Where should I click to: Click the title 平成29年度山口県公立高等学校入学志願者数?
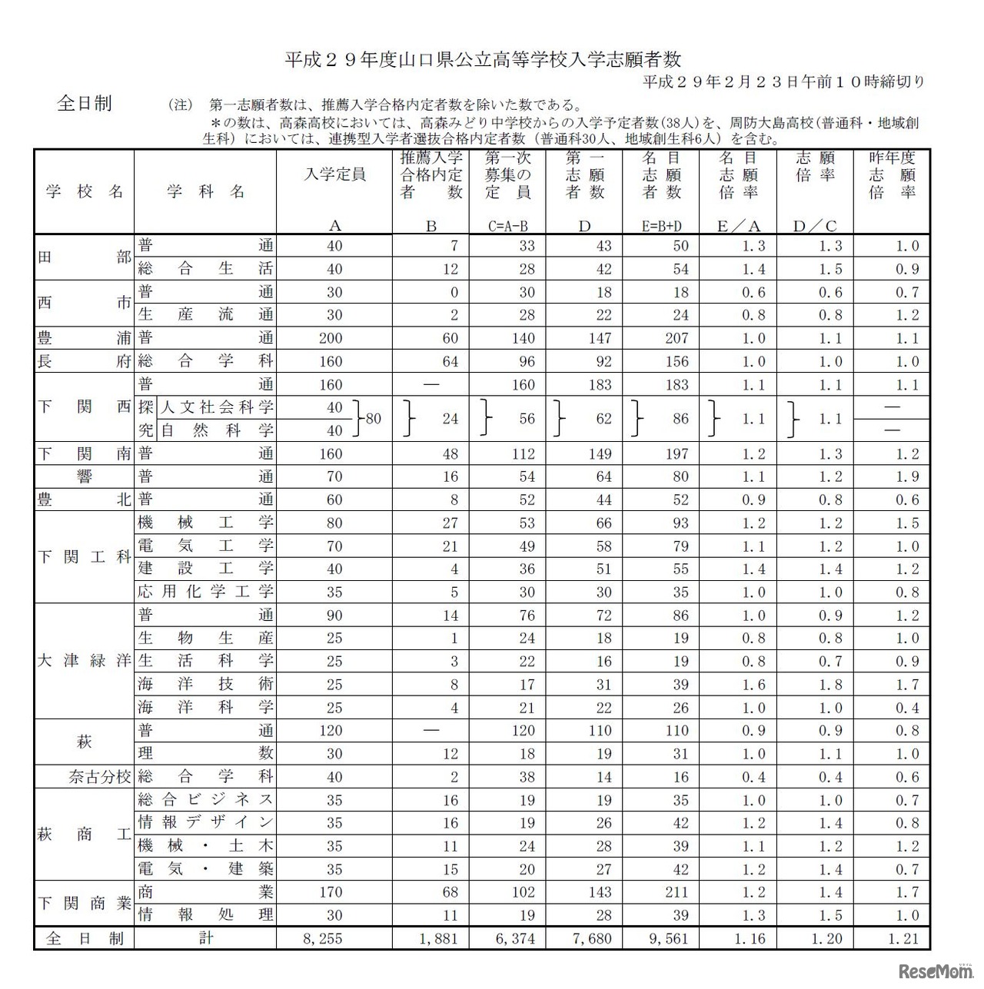(483, 59)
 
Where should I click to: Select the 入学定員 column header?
(334, 174)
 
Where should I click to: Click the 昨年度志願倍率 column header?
(892, 175)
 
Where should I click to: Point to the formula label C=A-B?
(507, 226)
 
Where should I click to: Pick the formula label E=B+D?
(661, 226)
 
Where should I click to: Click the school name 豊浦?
(84, 338)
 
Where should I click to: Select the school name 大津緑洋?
(84, 661)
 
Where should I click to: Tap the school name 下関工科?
(84, 557)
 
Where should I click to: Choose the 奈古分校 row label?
(100, 777)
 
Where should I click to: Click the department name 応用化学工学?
(205, 592)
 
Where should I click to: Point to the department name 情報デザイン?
(205, 823)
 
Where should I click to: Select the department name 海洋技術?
(205, 685)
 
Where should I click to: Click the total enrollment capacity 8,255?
(324, 938)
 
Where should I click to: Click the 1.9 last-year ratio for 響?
(907, 476)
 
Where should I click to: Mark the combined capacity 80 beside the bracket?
(374, 419)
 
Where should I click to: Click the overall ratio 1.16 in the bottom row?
(750, 938)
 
